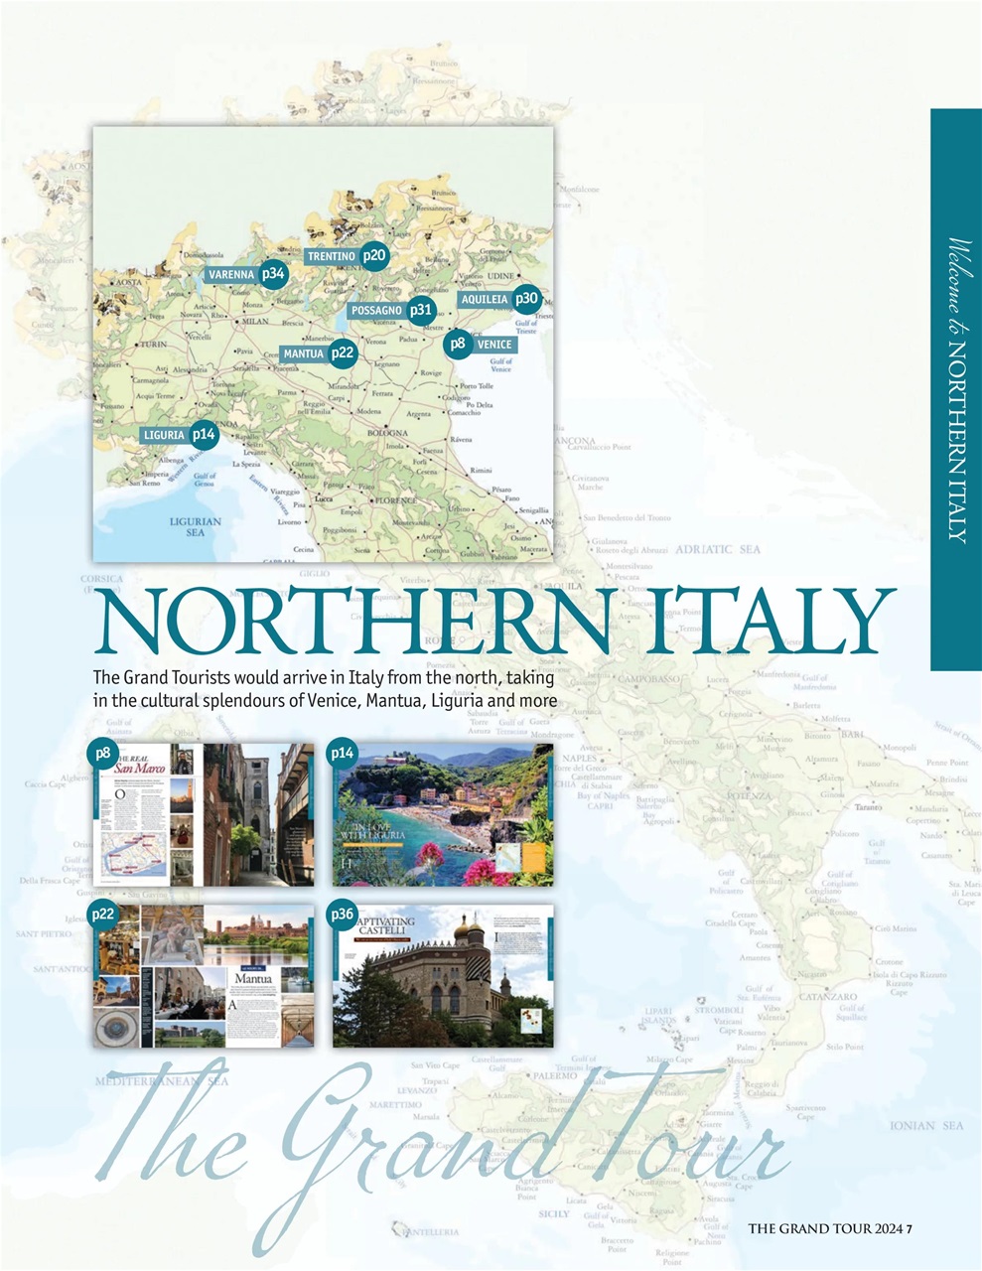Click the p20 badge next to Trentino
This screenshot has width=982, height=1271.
(373, 255)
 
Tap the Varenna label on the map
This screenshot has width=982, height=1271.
(231, 274)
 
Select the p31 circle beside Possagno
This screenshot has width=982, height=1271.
(421, 310)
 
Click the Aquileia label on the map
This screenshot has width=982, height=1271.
(485, 299)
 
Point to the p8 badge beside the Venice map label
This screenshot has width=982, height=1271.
(457, 344)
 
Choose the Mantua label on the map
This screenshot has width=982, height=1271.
(304, 353)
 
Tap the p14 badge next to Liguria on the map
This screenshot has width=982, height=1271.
(204, 434)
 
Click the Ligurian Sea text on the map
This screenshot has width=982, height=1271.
(196, 526)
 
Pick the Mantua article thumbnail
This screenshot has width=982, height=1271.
(204, 975)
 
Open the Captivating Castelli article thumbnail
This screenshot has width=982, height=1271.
(443, 975)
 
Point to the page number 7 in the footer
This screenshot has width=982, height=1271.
(909, 1228)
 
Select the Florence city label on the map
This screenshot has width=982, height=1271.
(394, 500)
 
